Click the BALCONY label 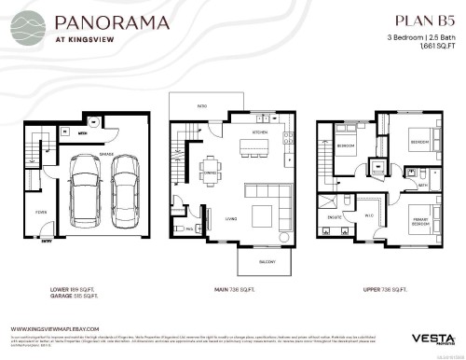pos(267,263)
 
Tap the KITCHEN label pos(260,133)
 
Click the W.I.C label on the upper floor pos(369,216)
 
